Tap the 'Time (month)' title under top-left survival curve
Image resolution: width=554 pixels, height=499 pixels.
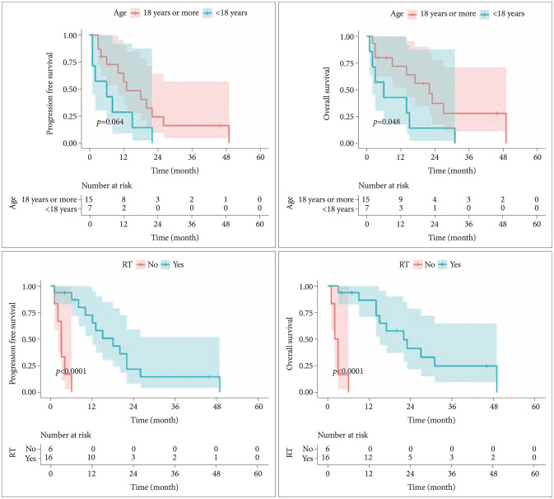[x=173, y=169]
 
